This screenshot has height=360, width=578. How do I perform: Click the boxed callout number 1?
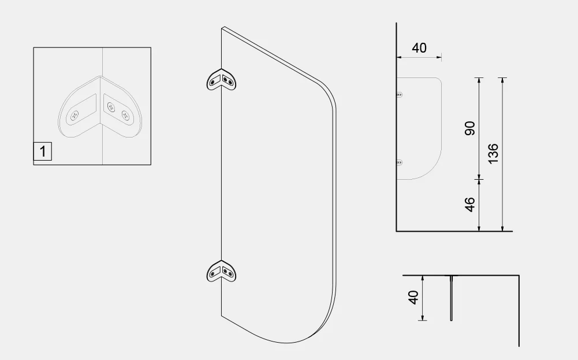[x=43, y=152]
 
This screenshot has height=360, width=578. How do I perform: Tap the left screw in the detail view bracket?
[x=74, y=116]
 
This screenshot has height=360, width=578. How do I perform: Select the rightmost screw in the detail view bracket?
[x=125, y=114]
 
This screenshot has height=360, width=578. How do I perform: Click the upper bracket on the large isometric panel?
[x=222, y=80]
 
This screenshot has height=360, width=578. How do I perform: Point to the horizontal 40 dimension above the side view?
[x=419, y=48]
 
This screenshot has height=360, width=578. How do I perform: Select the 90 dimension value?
[x=470, y=128]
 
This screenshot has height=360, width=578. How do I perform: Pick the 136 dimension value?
[x=493, y=154]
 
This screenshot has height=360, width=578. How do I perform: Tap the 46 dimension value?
[x=470, y=205]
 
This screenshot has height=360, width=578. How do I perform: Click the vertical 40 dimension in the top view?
[x=413, y=298]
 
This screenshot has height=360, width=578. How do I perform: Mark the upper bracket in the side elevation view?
[x=399, y=94]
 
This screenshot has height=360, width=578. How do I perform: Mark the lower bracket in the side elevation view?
[x=399, y=163]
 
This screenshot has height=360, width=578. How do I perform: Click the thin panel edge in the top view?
[x=452, y=298]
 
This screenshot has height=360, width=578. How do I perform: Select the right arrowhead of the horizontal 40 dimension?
[x=439, y=57]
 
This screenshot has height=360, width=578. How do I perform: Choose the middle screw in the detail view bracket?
[x=110, y=106]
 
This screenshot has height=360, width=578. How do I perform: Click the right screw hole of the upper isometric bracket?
[x=231, y=82]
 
